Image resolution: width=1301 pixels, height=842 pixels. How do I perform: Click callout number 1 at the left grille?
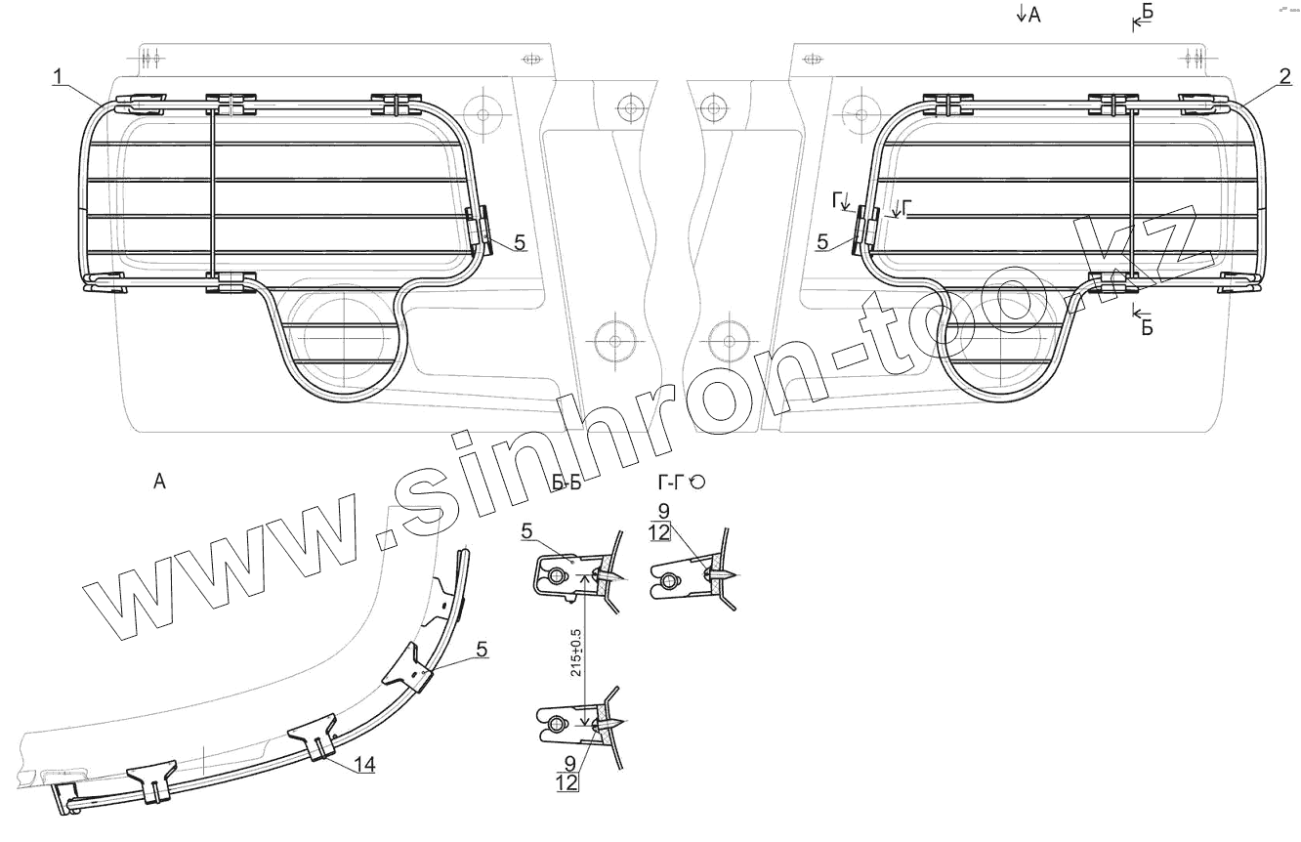pos(58,76)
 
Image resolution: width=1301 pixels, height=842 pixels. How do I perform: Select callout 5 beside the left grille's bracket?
pos(520,242)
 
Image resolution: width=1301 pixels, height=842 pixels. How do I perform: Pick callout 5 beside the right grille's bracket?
pos(822,241)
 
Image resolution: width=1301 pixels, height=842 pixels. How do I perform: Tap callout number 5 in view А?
pos(482,650)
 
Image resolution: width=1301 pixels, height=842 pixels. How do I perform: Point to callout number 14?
pos(364,765)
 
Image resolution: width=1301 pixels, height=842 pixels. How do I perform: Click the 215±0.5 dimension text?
pos(575,653)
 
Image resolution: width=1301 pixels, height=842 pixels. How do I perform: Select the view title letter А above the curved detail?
pos(159,481)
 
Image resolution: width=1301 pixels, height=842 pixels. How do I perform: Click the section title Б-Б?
pos(567,483)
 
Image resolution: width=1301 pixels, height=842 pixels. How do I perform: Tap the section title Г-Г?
pos(671,482)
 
